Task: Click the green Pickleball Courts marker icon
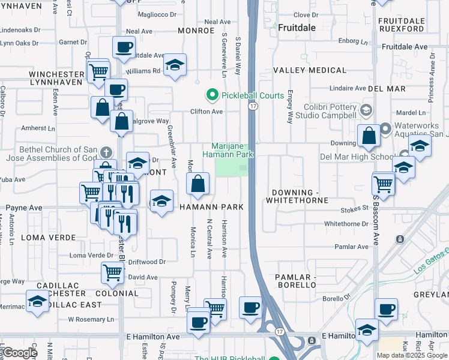tap(211, 95)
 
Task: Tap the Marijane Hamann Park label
tap(233, 150)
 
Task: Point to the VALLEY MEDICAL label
tap(310, 70)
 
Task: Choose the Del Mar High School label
tap(357, 157)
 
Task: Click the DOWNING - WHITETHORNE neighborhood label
tap(300, 196)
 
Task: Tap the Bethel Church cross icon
tap(106, 153)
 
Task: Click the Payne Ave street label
tap(24, 208)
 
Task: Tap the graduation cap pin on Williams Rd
tap(175, 65)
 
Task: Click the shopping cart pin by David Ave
tap(112, 272)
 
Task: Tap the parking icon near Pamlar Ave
tap(400, 239)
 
